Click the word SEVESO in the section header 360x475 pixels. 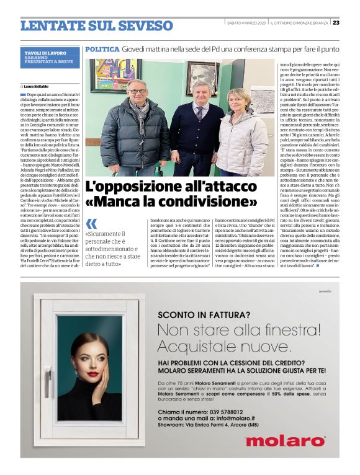[145, 25]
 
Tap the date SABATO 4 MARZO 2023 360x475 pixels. [246, 23]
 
